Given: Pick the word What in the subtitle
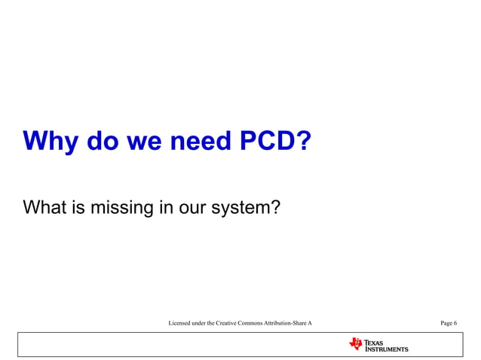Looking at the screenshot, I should point(46,205).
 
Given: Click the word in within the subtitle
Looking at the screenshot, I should point(166,205).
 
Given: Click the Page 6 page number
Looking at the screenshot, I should point(449,323).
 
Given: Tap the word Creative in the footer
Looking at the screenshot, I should point(230,323).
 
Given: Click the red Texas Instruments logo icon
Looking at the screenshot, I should point(356,344).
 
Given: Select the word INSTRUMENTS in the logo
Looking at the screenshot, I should point(387,349).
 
